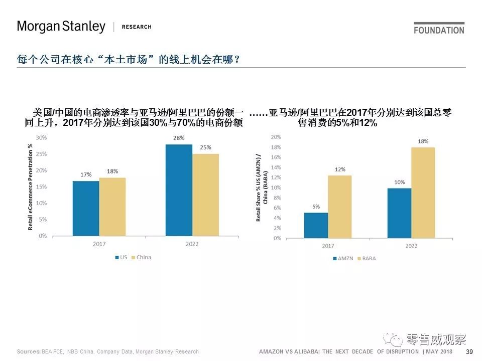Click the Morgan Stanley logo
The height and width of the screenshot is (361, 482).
click(61, 27)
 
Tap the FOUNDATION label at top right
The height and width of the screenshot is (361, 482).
click(439, 30)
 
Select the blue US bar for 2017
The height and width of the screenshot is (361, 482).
click(86, 208)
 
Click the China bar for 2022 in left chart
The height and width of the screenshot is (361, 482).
click(205, 195)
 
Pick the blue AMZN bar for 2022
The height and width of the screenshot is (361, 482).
click(399, 213)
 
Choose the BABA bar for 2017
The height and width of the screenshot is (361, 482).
click(340, 207)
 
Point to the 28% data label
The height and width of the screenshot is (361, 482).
click(179, 138)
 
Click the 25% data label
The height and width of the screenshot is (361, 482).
click(205, 147)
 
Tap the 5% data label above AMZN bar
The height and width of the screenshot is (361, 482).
click(316, 206)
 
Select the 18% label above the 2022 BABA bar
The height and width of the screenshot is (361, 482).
click(423, 141)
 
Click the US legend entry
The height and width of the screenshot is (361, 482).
click(120, 257)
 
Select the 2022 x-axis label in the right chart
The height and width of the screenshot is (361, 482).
click(411, 246)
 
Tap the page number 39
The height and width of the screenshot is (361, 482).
click(469, 352)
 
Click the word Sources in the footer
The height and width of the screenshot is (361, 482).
click(28, 352)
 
